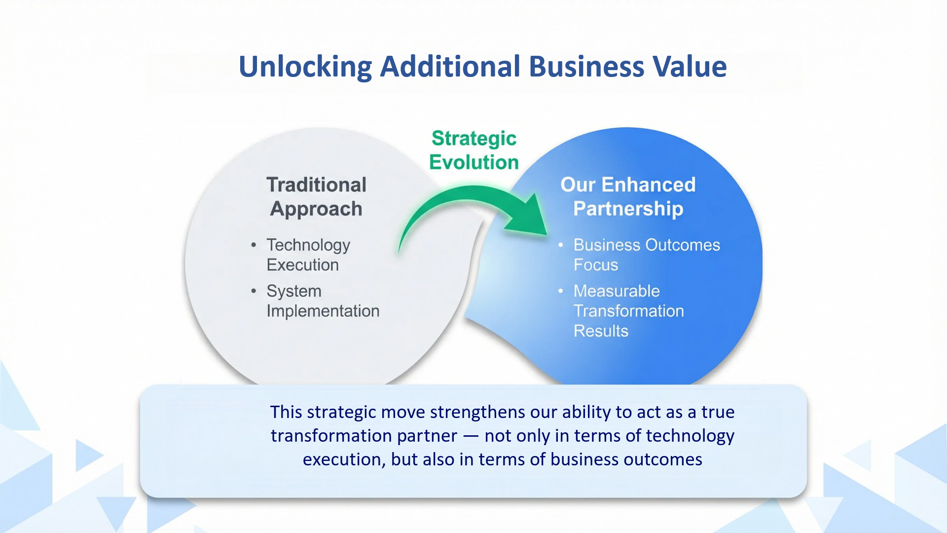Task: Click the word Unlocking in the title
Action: [x=305, y=67]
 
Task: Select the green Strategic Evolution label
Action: [x=473, y=150]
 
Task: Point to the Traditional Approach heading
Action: [x=317, y=196]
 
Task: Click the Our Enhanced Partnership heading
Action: [x=628, y=196]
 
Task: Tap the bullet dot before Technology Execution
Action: [x=254, y=245]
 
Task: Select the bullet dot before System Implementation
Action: [x=254, y=291]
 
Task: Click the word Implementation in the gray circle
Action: [x=323, y=311]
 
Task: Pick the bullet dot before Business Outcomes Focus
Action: [x=561, y=245]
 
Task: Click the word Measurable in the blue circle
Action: [x=617, y=291]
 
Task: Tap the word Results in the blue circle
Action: [x=601, y=331]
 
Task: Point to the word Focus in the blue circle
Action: [x=596, y=265]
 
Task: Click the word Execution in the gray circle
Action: [x=303, y=265]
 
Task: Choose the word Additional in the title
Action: [x=450, y=66]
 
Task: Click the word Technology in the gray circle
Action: [x=308, y=245]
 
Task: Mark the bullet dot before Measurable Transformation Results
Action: [x=561, y=291]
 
